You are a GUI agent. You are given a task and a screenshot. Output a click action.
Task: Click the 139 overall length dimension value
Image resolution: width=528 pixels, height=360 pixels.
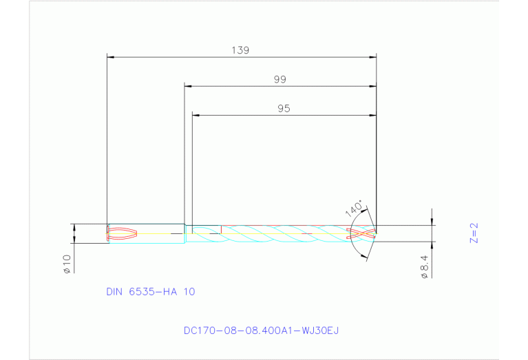(x=240, y=50)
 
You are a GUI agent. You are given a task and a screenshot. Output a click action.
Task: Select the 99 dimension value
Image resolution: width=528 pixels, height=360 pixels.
(x=279, y=80)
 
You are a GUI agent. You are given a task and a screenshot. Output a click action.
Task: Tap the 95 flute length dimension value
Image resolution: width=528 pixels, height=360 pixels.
(x=284, y=109)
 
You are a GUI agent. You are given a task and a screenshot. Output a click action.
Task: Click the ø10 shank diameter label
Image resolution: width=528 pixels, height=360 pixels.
(x=67, y=264)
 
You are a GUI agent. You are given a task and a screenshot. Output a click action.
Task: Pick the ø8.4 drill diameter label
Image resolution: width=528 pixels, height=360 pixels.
(x=425, y=266)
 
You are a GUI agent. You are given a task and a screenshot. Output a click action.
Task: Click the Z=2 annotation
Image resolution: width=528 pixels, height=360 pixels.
(x=474, y=233)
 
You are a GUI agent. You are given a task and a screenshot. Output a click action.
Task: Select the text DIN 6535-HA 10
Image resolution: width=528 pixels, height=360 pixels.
(x=151, y=292)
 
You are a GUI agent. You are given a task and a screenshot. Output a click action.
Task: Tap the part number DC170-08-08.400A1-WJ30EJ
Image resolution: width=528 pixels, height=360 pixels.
(x=261, y=330)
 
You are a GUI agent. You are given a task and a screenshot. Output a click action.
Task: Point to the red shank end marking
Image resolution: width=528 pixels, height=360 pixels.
(x=124, y=233)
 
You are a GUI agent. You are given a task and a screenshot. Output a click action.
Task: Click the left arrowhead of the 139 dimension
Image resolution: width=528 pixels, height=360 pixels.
(x=110, y=56)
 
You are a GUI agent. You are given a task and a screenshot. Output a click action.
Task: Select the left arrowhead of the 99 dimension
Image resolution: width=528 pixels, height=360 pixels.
(x=188, y=86)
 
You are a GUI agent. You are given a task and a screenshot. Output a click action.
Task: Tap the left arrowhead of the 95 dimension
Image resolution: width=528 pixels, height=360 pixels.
(x=195, y=115)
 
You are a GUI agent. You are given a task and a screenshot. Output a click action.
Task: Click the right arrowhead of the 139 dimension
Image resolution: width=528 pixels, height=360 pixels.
(x=373, y=56)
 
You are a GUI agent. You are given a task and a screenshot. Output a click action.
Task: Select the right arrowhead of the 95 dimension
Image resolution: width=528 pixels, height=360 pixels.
(x=373, y=115)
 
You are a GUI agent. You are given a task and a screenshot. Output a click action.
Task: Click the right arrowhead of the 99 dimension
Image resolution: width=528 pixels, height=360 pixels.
(x=373, y=86)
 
